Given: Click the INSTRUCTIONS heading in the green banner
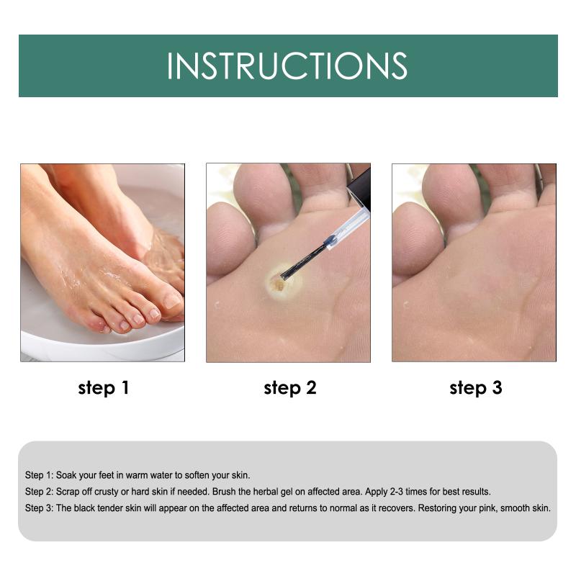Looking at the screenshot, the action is [x=287, y=66].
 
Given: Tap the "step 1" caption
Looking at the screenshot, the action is [x=104, y=388].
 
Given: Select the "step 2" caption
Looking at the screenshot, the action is [x=290, y=388].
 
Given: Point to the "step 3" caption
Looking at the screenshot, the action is [x=476, y=388].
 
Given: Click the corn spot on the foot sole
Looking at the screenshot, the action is [x=278, y=284].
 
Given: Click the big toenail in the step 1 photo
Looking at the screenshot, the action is [x=171, y=300].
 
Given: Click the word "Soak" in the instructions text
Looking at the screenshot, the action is [x=66, y=475].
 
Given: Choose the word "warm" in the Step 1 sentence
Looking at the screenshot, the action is [x=137, y=475].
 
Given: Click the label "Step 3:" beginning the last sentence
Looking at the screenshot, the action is [x=39, y=509].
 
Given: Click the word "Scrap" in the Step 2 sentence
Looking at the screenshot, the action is [x=67, y=492].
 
